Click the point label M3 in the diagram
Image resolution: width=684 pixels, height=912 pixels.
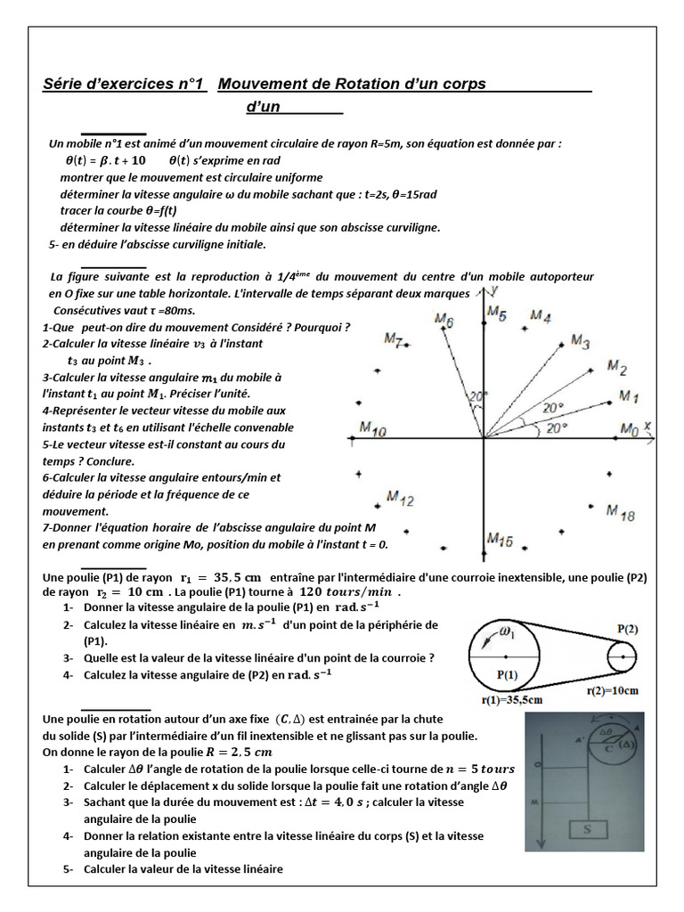(x=580, y=340)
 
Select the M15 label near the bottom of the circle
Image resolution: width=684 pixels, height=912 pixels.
(x=499, y=539)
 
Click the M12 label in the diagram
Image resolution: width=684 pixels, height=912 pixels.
(x=399, y=499)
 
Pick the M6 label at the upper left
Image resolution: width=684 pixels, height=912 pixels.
(x=444, y=321)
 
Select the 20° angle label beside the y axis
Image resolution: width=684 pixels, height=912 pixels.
(x=479, y=396)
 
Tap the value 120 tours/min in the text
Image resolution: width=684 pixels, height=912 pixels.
(x=349, y=591)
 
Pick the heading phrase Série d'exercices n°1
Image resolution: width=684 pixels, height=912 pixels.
(x=124, y=85)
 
